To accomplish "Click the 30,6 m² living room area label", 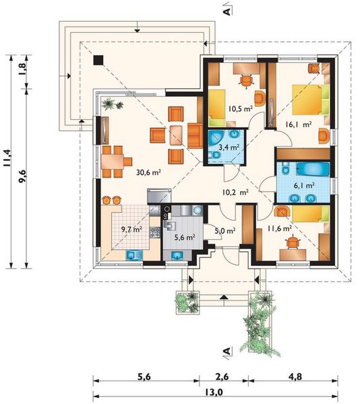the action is coord(148,172).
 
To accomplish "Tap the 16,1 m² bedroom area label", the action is coord(299,125).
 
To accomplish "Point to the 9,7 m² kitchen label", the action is coord(131,229).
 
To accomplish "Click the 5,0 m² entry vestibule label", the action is coord(225,230).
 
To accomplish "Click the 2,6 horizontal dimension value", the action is coord(222,377).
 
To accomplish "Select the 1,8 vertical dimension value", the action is coord(22,69).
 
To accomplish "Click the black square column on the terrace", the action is coord(98,60).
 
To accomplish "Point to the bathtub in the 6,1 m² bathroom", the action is coord(313,169).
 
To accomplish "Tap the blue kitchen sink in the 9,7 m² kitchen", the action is coord(134,255).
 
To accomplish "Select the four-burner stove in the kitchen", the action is coord(155,232).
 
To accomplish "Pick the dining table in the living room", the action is coord(113,162).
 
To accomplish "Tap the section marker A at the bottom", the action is coord(227,351).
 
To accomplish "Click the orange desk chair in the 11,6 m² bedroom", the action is coord(292,242).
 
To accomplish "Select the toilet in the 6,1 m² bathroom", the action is coord(285,170).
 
